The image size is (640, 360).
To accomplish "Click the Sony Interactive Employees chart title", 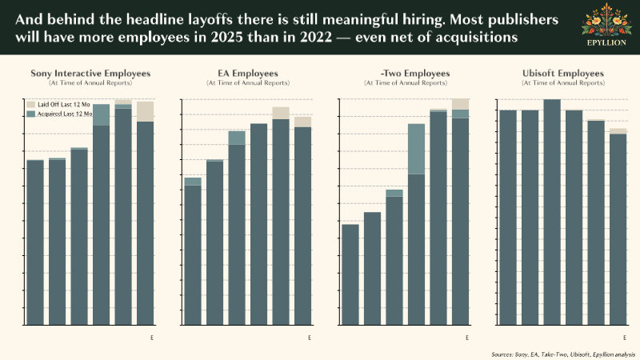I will [x=90, y=74].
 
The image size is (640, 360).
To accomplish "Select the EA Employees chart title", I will [x=247, y=74].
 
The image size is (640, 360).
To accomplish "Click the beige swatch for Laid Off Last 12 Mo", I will [x=31, y=105].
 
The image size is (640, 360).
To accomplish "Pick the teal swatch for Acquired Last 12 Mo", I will [x=31, y=115].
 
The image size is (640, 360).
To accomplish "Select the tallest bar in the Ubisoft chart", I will [x=552, y=212].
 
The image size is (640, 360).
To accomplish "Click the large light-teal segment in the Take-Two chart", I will [x=416, y=149].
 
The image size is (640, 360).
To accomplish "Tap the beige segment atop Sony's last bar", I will [x=145, y=111].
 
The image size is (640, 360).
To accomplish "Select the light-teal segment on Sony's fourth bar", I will [x=101, y=114].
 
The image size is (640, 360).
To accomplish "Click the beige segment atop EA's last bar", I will [x=302, y=122].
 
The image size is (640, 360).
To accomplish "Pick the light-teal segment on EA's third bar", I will [x=237, y=138].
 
